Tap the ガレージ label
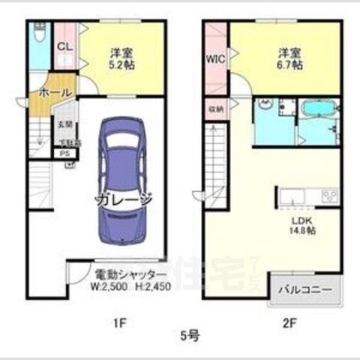pos(124,199)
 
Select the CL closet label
pos(64,46)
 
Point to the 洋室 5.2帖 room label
pos(118,58)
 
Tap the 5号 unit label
pos(189,335)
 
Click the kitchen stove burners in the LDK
pos(330,196)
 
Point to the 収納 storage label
pos(214,109)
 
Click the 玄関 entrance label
pos(64,124)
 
